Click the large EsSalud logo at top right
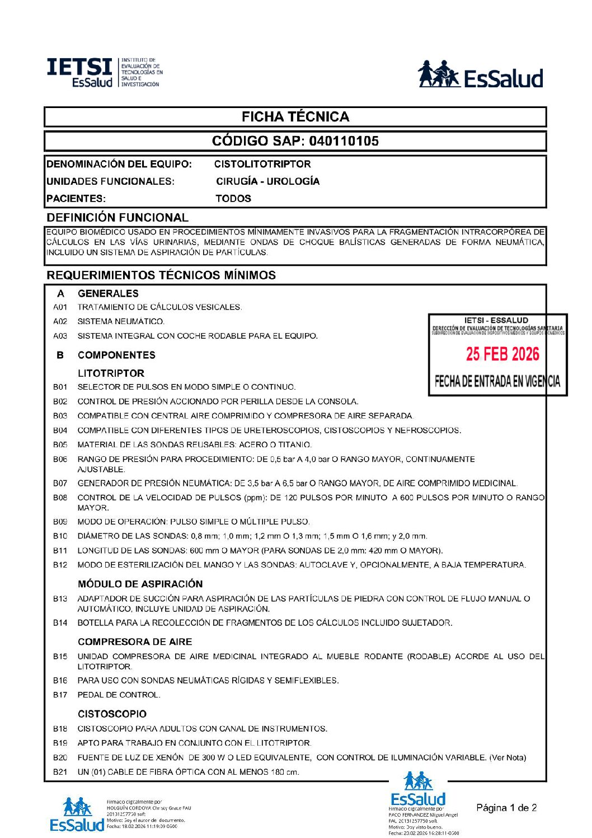[481, 75]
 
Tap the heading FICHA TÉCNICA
[295, 117]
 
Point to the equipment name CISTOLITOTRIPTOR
[262, 164]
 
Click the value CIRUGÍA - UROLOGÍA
[268, 181]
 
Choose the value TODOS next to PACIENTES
[233, 198]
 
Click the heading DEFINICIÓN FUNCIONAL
[118, 217]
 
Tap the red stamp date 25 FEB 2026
[502, 354]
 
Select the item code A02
[60, 321]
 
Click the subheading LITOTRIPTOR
[111, 373]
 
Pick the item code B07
[60, 483]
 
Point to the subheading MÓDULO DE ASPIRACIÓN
[140, 584]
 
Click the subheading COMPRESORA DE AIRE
[135, 642]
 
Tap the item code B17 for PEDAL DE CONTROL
[60, 695]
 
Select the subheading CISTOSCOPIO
[112, 714]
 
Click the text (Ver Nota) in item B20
[508, 757]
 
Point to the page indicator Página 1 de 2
[506, 807]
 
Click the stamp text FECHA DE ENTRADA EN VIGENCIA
[497, 382]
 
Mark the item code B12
[60, 565]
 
